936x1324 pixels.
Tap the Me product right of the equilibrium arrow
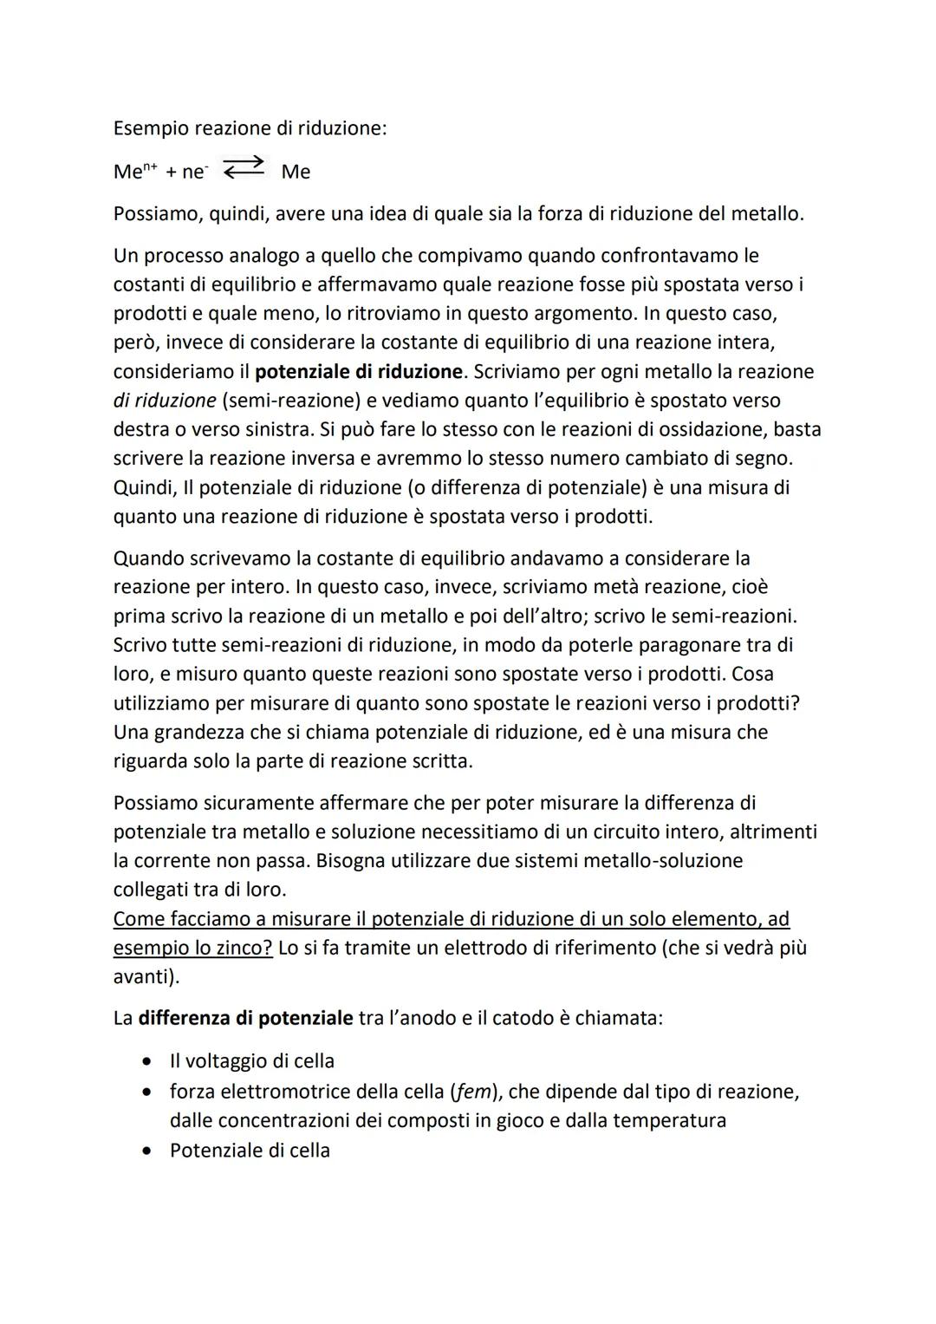[296, 172]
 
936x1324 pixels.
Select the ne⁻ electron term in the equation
[194, 172]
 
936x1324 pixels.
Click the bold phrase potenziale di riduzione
[358, 371]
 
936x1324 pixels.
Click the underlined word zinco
[238, 948]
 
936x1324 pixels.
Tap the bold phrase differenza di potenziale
[245, 1017]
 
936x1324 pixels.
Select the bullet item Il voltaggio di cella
[251, 1061]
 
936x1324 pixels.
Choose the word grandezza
[198, 732]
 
